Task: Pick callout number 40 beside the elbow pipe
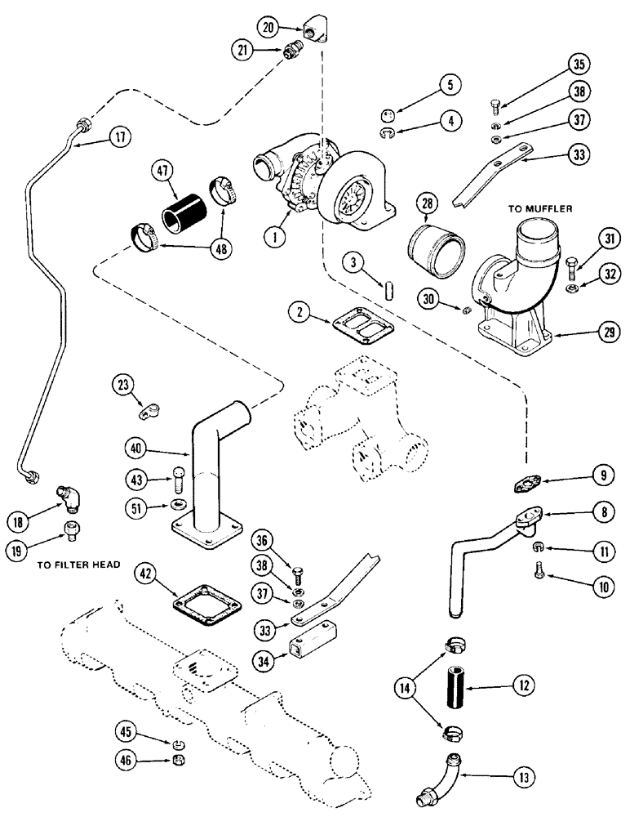138,449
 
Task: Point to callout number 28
431,201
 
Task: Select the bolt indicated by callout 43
177,476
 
